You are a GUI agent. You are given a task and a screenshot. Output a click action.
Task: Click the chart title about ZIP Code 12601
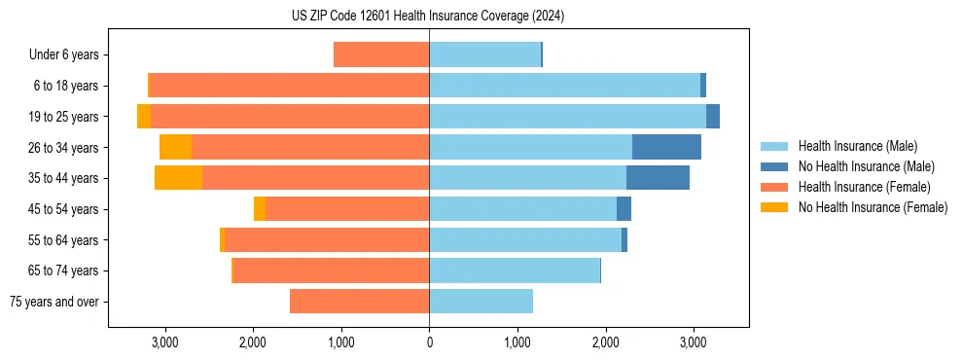pyautogui.click(x=428, y=17)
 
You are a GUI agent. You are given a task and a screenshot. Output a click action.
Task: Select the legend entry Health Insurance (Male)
pyautogui.click(x=856, y=146)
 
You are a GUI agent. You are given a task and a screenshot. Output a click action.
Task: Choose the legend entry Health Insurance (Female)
pyautogui.click(x=864, y=187)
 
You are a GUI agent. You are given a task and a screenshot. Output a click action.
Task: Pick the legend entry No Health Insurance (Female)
pyautogui.click(x=873, y=207)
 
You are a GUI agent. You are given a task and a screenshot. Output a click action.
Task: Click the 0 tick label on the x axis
pyautogui.click(x=429, y=342)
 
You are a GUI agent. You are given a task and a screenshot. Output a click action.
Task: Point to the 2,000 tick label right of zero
pyautogui.click(x=605, y=342)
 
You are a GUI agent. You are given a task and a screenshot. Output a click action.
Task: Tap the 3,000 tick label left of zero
pyautogui.click(x=164, y=342)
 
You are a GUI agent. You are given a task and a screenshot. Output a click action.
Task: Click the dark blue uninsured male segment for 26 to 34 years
pyautogui.click(x=666, y=147)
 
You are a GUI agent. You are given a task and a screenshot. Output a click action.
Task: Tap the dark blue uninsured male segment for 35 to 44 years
pyautogui.click(x=658, y=178)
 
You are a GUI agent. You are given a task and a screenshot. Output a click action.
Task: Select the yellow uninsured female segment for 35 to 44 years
pyautogui.click(x=178, y=178)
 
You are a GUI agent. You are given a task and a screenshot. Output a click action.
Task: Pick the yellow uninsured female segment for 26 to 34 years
pyautogui.click(x=175, y=147)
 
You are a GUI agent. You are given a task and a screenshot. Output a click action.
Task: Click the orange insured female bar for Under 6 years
pyautogui.click(x=381, y=54)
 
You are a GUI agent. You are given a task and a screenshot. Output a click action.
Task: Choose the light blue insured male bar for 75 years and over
pyautogui.click(x=481, y=302)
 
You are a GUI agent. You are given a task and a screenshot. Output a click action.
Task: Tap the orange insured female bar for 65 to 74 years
pyautogui.click(x=332, y=270)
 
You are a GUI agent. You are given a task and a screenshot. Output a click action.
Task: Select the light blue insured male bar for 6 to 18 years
pyautogui.click(x=564, y=86)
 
